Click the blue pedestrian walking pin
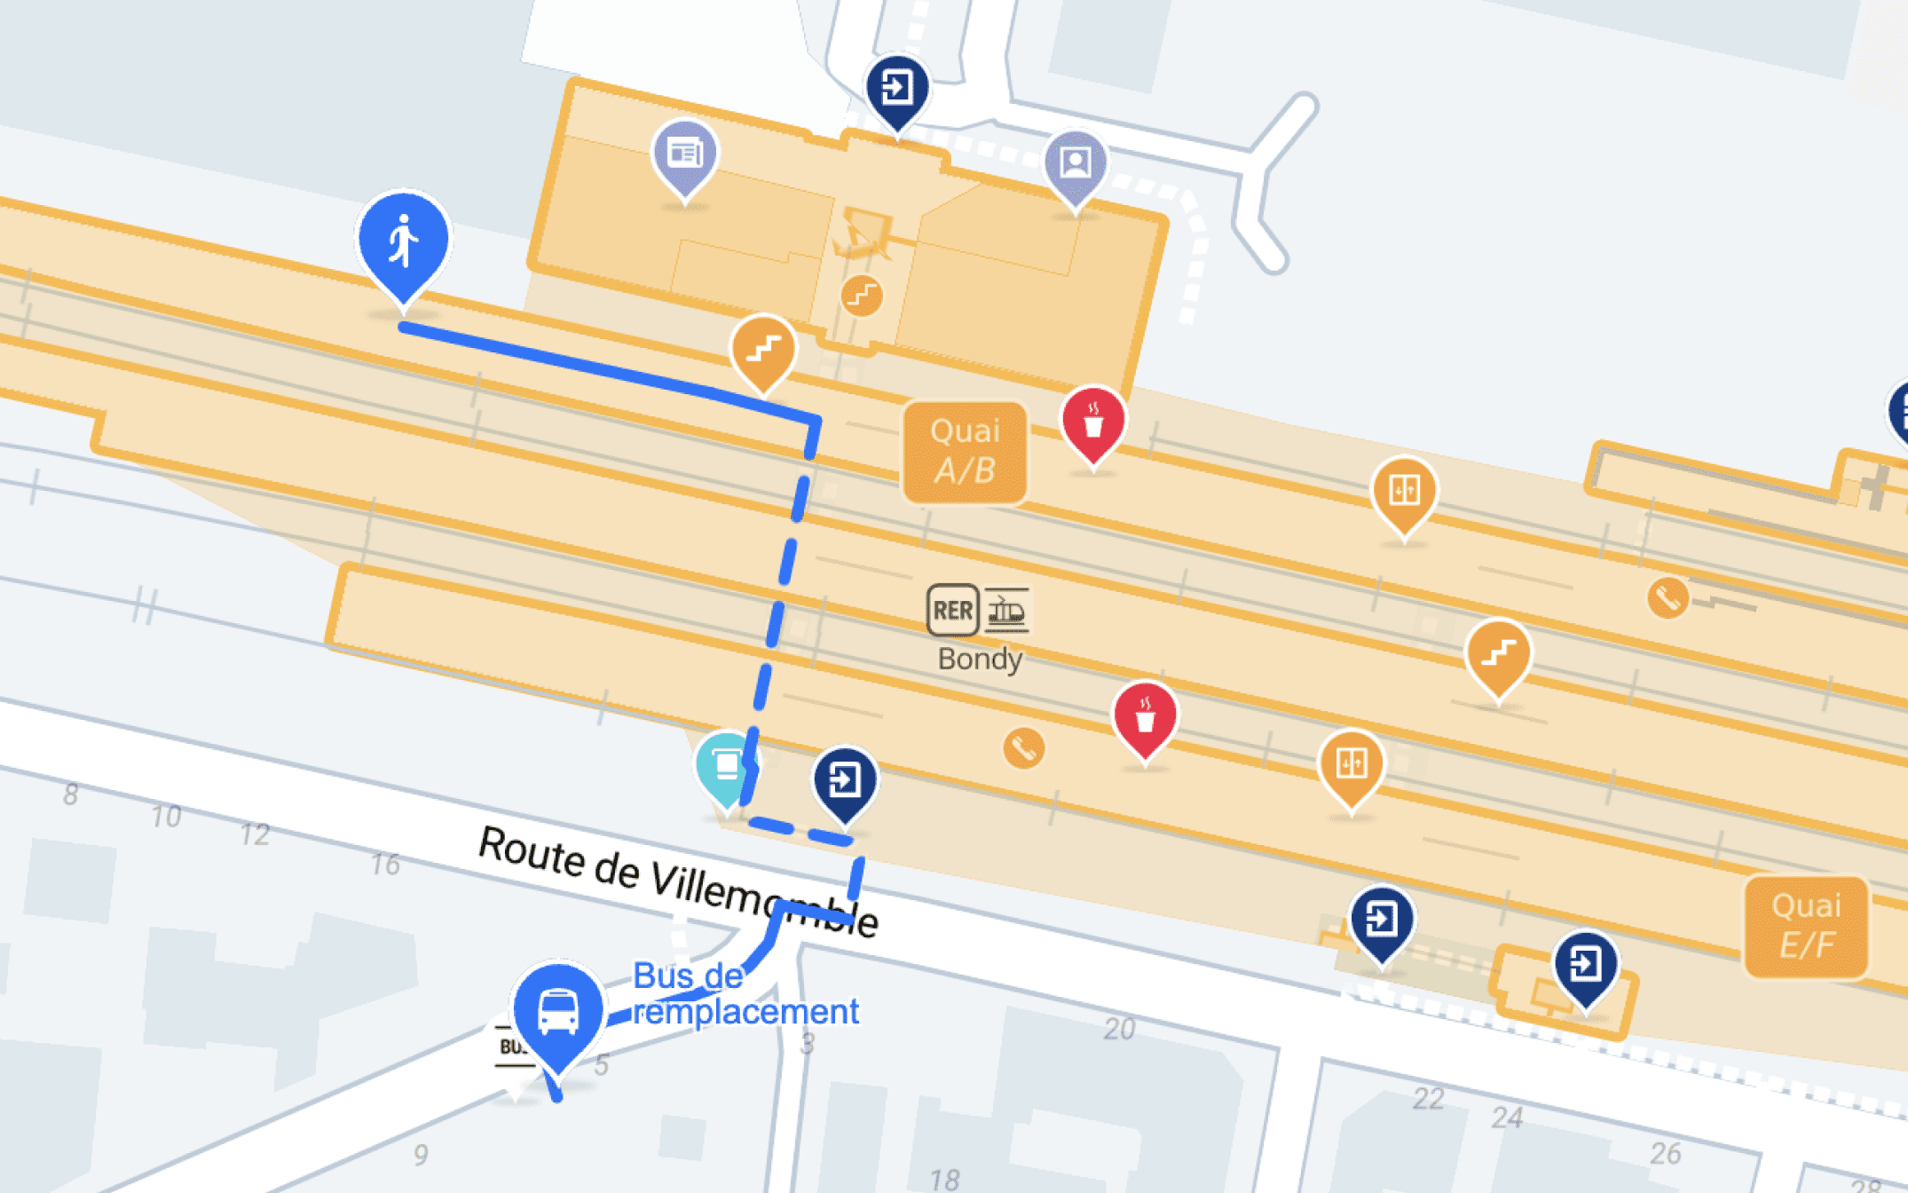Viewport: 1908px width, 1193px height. pyautogui.click(x=404, y=241)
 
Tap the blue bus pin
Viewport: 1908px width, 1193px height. pyautogui.click(x=558, y=1012)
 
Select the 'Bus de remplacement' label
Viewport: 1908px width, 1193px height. pyautogui.click(x=744, y=994)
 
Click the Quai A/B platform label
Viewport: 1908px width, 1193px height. pyautogui.click(x=965, y=452)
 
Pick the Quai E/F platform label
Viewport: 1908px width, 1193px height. pyautogui.click(x=1806, y=926)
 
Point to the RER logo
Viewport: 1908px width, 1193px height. pyautogui.click(x=952, y=610)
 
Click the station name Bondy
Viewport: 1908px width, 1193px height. pyautogui.click(x=980, y=660)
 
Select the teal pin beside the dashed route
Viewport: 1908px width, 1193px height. pyautogui.click(x=726, y=765)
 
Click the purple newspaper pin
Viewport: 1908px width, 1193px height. pyautogui.click(x=685, y=155)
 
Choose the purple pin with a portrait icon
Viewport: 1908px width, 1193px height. pyautogui.click(x=1076, y=164)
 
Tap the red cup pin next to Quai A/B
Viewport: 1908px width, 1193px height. pyautogui.click(x=1093, y=423)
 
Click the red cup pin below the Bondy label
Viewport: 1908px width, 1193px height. pyautogui.click(x=1145, y=718)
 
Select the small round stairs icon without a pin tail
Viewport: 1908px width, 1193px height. pyautogui.click(x=861, y=296)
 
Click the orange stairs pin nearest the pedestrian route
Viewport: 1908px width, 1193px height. pyautogui.click(x=763, y=350)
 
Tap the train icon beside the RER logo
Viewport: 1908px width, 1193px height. pyautogui.click(x=1006, y=610)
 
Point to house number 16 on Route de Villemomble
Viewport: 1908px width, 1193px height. pyautogui.click(x=385, y=865)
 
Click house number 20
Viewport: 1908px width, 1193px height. pyautogui.click(x=1119, y=1028)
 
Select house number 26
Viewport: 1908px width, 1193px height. pyautogui.click(x=1665, y=1153)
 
